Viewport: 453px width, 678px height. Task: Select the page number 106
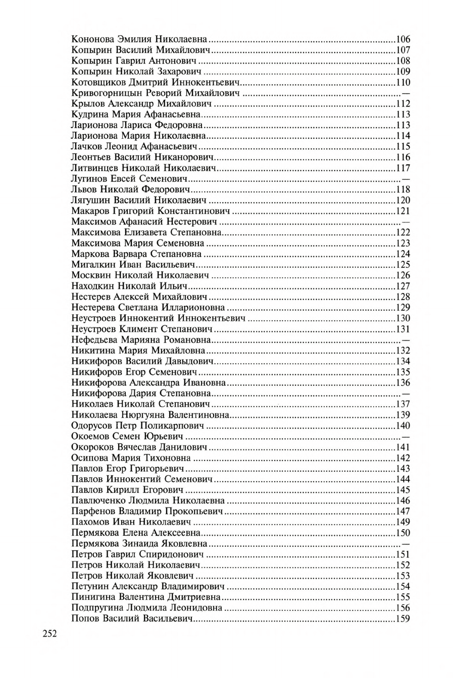(x=403, y=39)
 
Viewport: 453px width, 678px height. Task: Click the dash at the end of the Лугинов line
(x=406, y=180)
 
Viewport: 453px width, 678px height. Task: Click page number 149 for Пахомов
(x=403, y=522)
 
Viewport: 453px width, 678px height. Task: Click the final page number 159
(x=403, y=619)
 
